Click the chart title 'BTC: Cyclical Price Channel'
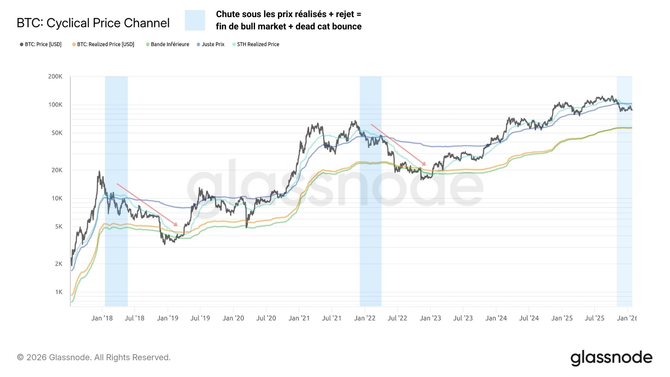click(x=93, y=23)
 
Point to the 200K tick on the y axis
click(x=55, y=76)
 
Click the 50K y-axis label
click(x=57, y=133)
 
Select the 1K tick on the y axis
click(x=59, y=292)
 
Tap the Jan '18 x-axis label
click(x=102, y=318)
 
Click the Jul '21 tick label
click(x=332, y=318)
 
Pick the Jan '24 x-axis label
click(x=496, y=318)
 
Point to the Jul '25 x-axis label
click(x=594, y=318)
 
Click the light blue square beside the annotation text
click(x=195, y=20)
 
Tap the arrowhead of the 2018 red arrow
click(x=176, y=224)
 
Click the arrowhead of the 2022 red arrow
click(x=424, y=163)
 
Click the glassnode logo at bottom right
click(x=611, y=358)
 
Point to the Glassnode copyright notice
click(x=94, y=357)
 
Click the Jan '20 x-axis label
click(x=233, y=318)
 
